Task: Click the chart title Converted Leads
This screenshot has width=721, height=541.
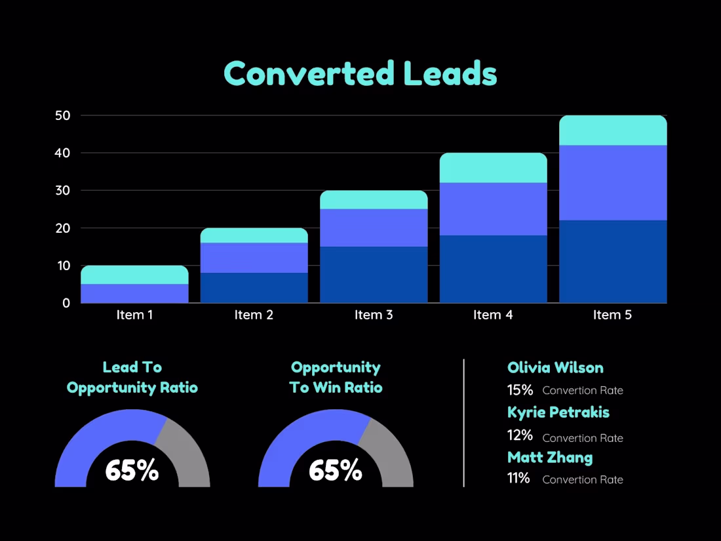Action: pyautogui.click(x=360, y=73)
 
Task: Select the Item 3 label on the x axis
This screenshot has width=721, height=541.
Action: pyautogui.click(x=374, y=315)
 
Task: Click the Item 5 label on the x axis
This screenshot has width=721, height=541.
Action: pyautogui.click(x=612, y=315)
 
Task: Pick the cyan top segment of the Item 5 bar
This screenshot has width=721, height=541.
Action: pyautogui.click(x=612, y=130)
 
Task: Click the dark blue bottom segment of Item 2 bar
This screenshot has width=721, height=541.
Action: pyautogui.click(x=254, y=287)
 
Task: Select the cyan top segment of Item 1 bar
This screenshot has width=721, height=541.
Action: pyautogui.click(x=134, y=275)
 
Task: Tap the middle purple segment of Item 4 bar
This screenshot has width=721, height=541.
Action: pyautogui.click(x=493, y=209)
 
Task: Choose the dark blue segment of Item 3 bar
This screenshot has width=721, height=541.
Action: pyautogui.click(x=374, y=274)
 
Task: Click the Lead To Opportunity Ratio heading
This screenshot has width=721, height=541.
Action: pyautogui.click(x=132, y=378)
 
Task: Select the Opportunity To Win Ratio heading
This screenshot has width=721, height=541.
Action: pyautogui.click(x=336, y=378)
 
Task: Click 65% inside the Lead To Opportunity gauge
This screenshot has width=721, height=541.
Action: pyautogui.click(x=132, y=470)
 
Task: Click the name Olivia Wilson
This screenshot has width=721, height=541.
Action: pyautogui.click(x=555, y=368)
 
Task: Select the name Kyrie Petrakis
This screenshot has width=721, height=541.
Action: pyautogui.click(x=558, y=412)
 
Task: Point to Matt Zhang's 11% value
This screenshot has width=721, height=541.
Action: pyautogui.click(x=518, y=478)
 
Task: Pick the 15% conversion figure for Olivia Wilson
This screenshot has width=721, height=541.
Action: pyautogui.click(x=520, y=390)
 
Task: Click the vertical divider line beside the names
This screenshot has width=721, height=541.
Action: pyautogui.click(x=464, y=423)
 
